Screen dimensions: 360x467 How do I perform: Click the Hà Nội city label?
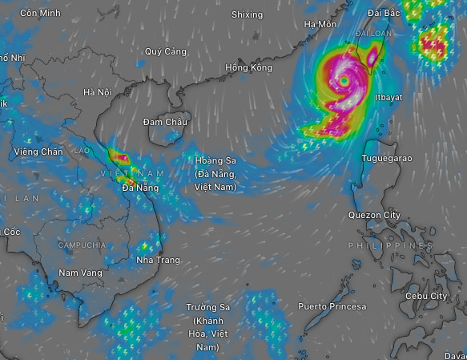(x=97, y=92)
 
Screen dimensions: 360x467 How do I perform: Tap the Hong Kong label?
(x=249, y=67)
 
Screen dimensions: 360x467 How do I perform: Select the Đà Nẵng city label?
(x=140, y=188)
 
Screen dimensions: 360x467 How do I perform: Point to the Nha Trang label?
(x=158, y=261)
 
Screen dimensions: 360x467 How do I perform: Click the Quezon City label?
(x=374, y=216)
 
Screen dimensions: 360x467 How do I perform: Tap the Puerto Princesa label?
(x=332, y=306)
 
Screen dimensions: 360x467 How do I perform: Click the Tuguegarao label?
(x=388, y=158)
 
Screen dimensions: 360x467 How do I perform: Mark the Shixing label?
(x=247, y=14)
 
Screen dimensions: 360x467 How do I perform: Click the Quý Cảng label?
(x=166, y=51)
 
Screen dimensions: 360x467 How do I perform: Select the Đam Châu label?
(x=165, y=122)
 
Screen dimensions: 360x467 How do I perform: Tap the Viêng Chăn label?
(x=38, y=152)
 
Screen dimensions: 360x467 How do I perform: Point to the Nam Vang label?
(x=80, y=273)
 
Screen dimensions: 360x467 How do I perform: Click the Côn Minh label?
(x=40, y=14)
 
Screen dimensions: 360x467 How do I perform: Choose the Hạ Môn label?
(x=320, y=24)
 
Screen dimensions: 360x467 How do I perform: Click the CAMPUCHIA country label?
(x=82, y=245)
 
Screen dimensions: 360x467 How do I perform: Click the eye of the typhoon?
(x=344, y=81)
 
